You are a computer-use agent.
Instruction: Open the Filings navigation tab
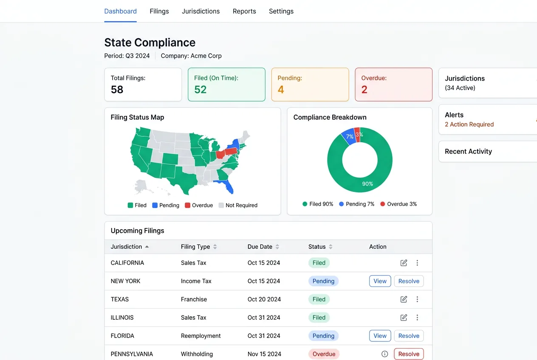pos(159,11)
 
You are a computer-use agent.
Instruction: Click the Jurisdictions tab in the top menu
pos(201,11)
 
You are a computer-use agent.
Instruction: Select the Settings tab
pos(281,11)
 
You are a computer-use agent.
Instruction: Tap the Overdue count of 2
pos(365,90)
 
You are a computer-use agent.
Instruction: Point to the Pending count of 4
pos(281,90)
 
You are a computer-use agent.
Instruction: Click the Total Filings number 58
pos(117,90)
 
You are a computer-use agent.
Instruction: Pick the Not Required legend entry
pos(238,205)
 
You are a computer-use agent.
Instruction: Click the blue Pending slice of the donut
pos(348,136)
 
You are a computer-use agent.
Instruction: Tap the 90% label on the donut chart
pos(367,184)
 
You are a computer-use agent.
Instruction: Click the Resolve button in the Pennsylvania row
pos(409,354)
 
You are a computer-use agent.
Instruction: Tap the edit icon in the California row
pos(404,263)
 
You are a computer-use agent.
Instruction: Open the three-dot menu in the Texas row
pos(417,299)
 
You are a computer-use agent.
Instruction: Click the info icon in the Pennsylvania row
pos(385,354)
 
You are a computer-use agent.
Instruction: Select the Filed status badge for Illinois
pos(319,318)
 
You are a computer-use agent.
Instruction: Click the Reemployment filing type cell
pos(201,336)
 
